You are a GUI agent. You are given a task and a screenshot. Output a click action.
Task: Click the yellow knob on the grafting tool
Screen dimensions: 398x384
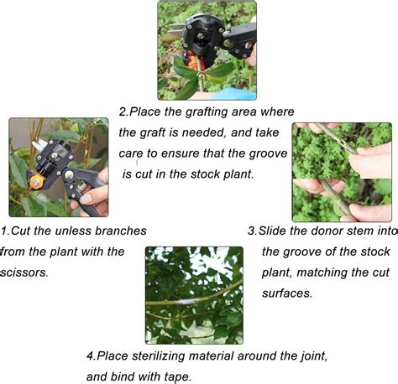point(37,182)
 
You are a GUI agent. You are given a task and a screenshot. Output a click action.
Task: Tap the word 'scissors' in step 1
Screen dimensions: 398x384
point(24,272)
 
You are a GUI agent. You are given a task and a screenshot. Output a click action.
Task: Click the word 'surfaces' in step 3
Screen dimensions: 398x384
point(285,293)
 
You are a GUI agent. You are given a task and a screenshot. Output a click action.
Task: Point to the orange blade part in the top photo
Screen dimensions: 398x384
point(193,62)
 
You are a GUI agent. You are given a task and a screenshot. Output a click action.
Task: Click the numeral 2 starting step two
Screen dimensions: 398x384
point(123,112)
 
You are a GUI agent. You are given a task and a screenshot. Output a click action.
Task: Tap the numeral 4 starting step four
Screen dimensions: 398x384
point(90,356)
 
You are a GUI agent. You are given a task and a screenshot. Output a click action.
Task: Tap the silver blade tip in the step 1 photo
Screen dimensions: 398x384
point(39,144)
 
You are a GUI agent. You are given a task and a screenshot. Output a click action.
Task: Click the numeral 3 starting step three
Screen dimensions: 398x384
point(252,231)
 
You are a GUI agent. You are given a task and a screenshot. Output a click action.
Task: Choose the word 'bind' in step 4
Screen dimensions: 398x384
point(123,376)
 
